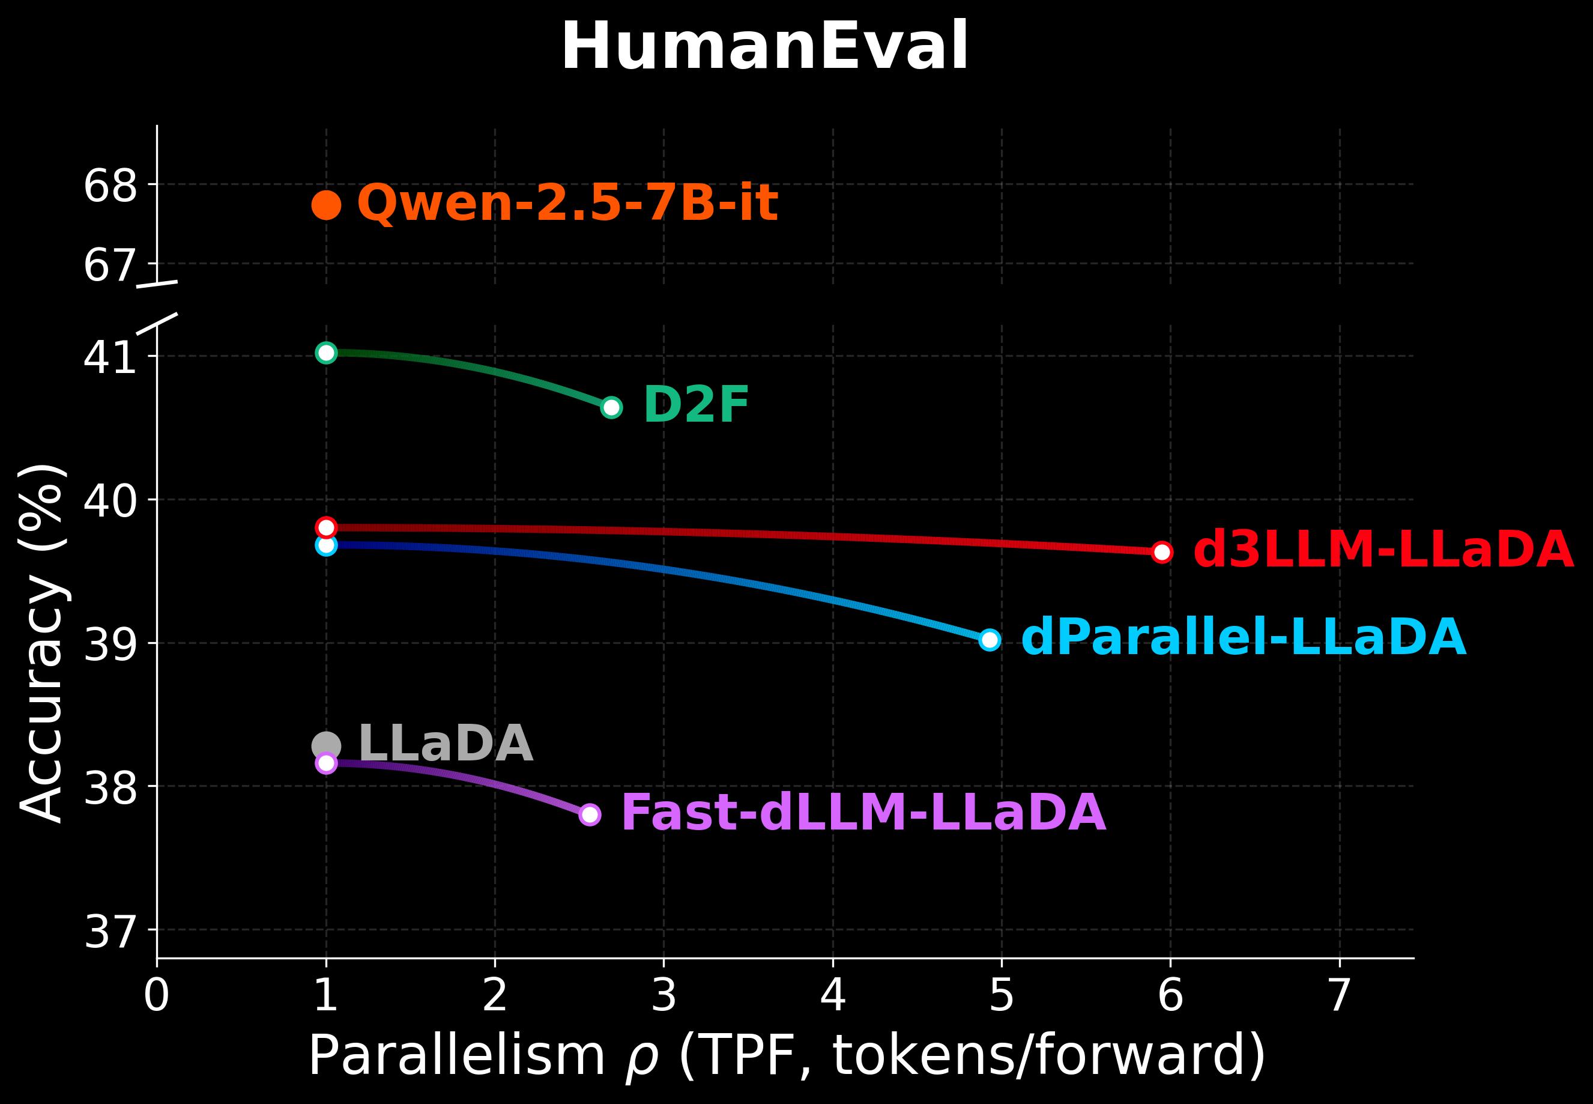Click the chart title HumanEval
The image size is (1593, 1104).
(764, 47)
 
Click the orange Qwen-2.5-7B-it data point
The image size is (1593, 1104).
(326, 205)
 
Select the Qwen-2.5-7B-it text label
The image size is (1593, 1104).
(567, 204)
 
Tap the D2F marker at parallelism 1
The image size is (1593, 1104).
(326, 353)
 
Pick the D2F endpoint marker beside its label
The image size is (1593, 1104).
(611, 407)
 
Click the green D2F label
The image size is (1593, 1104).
(695, 405)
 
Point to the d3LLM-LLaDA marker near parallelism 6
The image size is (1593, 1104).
(1162, 552)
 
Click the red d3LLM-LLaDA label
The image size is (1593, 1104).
(1383, 551)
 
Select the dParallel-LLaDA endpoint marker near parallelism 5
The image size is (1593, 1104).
(990, 640)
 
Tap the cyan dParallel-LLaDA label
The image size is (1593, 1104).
(1243, 637)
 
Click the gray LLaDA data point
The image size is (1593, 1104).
(326, 745)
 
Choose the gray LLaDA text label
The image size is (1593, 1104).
(446, 744)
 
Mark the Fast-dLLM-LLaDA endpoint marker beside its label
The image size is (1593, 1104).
(590, 815)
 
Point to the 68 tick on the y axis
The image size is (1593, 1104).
(110, 186)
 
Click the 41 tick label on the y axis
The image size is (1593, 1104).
(110, 357)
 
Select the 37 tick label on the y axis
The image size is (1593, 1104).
(110, 932)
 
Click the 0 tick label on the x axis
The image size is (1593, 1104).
(157, 996)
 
